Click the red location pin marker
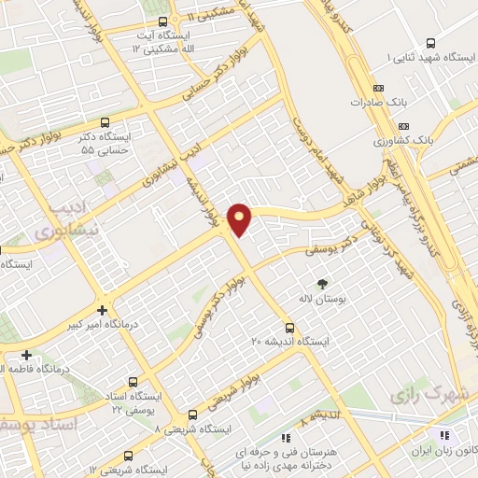pos(241,219)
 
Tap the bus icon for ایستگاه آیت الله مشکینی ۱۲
pos(163,21)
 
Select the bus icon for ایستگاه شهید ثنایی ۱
pos(430,43)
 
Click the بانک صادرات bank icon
pos(365,100)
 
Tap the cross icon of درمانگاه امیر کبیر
pos(102,310)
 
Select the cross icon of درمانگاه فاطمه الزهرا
pos(27,355)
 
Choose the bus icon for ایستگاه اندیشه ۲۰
pos(290,328)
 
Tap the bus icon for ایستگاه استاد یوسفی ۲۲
pos(132,382)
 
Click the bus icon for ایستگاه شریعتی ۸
pos(192,415)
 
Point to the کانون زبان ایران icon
pos(444,436)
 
